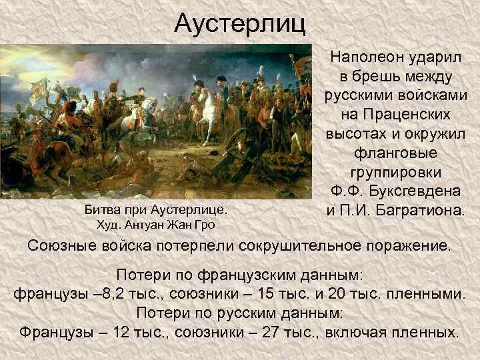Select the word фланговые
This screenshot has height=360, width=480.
coord(396,153)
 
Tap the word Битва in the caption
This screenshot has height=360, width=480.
coord(99,209)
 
